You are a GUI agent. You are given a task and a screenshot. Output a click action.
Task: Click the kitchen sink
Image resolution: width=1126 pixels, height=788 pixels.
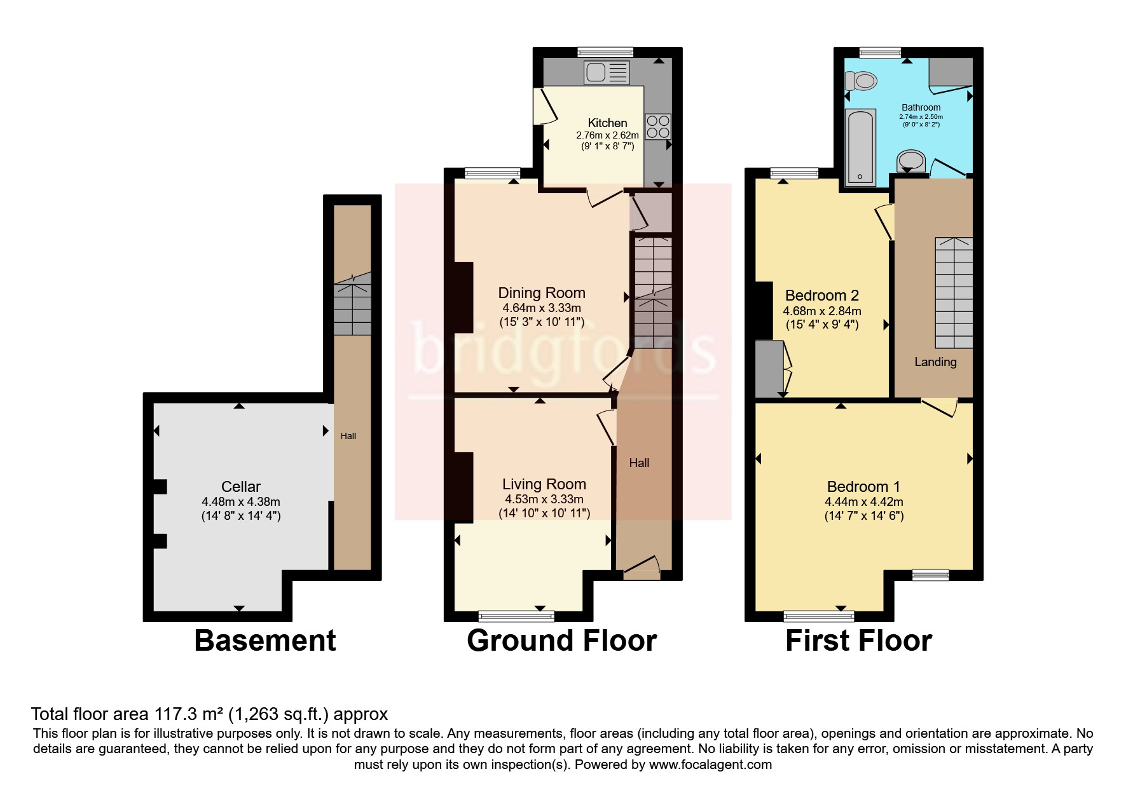607,72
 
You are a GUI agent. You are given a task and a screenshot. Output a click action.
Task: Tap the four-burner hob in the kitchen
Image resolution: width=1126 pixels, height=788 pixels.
657,126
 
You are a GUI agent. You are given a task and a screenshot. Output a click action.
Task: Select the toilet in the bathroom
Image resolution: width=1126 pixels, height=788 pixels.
862,81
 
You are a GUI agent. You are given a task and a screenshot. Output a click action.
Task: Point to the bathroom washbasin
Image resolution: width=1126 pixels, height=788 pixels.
912,161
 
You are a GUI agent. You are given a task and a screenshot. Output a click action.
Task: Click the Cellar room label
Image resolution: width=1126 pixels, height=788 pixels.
240,487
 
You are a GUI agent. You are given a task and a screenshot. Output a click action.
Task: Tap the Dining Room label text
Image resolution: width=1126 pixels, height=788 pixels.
541,293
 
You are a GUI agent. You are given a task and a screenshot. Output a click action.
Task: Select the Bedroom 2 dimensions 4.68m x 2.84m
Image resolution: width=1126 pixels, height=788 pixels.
821,311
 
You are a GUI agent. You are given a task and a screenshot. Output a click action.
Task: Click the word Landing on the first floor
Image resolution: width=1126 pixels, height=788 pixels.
935,362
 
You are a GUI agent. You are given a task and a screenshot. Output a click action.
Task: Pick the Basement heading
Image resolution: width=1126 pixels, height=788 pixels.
264,640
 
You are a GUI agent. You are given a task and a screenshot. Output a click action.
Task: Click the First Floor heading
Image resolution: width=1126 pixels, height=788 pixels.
858,640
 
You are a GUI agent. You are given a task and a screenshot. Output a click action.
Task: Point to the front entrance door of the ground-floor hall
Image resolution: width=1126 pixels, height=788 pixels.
641,569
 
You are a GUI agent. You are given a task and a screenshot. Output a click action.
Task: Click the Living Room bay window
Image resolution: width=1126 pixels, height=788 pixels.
516,615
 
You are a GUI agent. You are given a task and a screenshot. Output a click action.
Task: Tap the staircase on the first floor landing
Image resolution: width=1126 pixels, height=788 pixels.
953,292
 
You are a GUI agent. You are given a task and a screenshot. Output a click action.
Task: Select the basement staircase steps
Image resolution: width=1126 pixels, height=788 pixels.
352,309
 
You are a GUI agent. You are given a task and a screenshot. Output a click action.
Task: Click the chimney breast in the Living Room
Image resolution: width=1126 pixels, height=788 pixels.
463,487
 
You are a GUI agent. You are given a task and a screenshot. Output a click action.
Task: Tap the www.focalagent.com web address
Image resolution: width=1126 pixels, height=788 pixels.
710,764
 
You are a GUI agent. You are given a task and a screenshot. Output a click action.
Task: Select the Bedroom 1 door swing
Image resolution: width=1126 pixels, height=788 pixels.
940,408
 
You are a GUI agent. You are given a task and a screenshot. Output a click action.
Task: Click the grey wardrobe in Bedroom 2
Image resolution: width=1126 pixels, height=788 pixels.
769,369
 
